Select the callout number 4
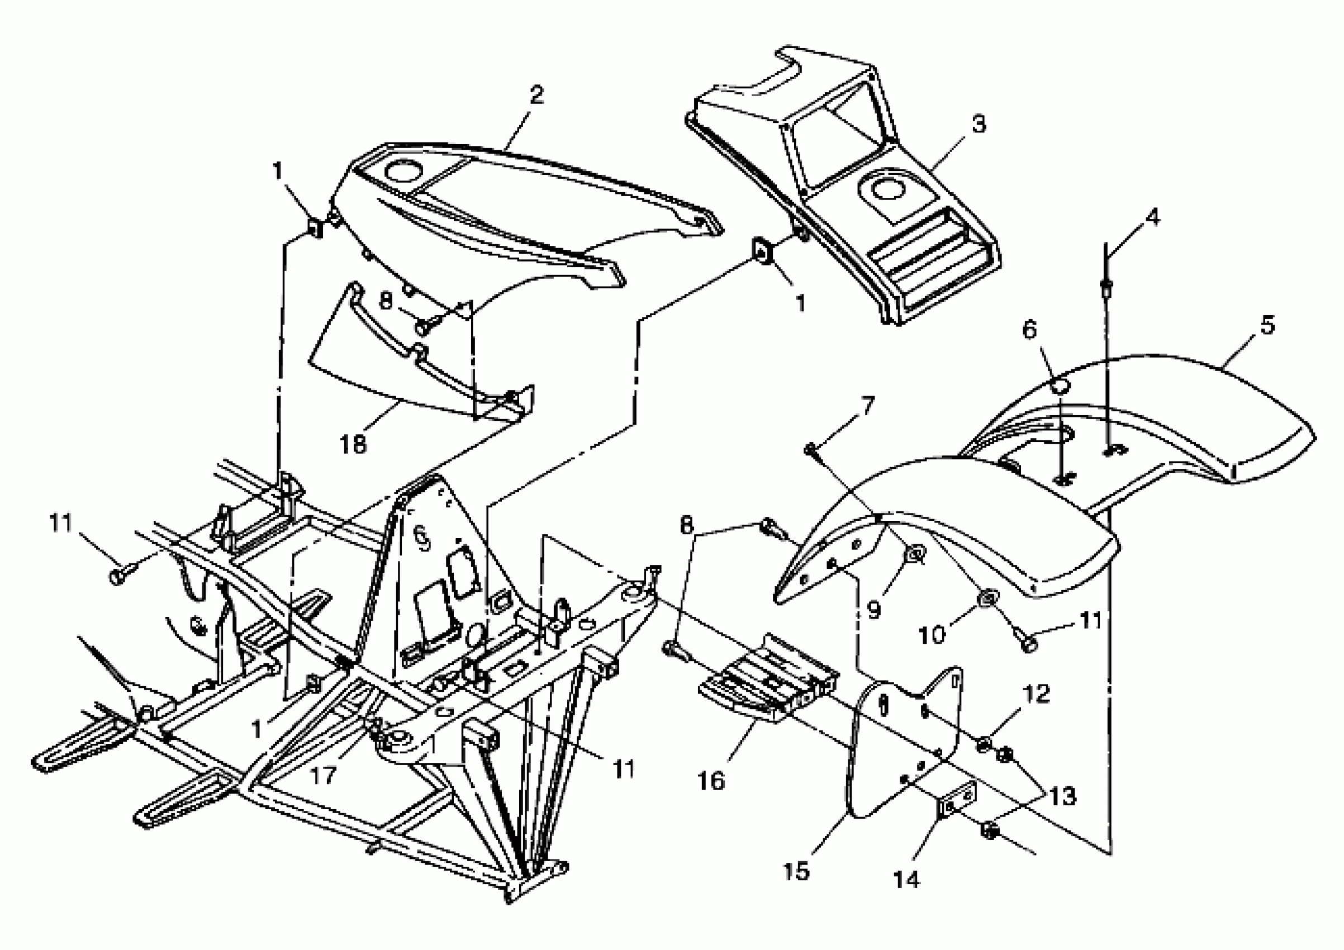tap(1151, 218)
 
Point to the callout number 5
tap(1267, 325)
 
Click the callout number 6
tap(1028, 331)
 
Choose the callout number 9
tap(873, 610)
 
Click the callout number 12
tap(1036, 694)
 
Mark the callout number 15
tap(796, 871)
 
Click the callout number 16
tap(711, 780)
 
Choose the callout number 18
tap(353, 444)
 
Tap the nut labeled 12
tap(984, 744)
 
